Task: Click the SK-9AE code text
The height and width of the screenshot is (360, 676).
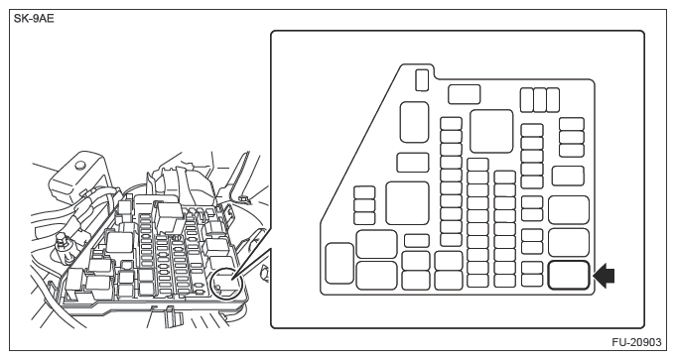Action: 34,19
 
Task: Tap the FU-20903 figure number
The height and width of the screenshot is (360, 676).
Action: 636,342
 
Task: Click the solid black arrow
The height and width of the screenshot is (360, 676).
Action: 604,276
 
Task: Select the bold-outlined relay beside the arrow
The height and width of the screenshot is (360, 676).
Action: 568,275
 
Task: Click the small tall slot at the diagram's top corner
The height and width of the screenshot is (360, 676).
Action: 422,80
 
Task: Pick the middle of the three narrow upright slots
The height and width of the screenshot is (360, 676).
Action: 540,100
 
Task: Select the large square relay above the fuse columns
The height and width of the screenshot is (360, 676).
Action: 491,131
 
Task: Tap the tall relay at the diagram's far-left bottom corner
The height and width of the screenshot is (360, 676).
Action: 339,264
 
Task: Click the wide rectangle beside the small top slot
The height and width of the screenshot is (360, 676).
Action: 464,94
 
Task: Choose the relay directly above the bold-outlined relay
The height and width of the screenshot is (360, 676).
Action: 568,242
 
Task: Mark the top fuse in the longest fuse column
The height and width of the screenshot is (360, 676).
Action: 451,124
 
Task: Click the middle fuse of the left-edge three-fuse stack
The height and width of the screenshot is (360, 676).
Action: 364,205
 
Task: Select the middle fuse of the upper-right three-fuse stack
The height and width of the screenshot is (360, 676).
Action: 572,138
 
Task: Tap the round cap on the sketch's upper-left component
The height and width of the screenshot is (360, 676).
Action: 79,165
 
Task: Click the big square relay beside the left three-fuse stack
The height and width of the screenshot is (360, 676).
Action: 407,203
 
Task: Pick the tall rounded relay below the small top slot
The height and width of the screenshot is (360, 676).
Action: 414,122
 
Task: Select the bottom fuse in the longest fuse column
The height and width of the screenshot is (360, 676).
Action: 451,240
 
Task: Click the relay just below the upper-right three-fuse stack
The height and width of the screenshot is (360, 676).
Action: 568,176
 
